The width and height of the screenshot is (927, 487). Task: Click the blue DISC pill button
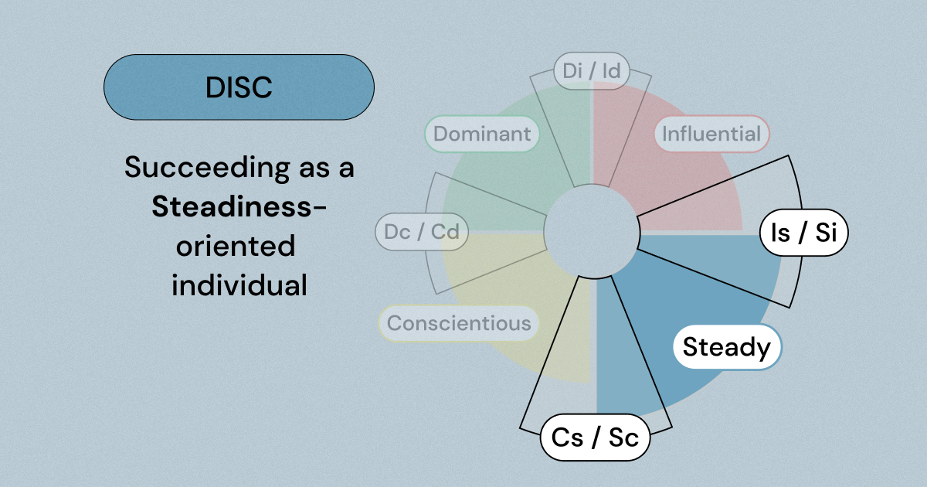tap(239, 87)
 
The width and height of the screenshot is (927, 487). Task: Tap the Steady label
tap(727, 347)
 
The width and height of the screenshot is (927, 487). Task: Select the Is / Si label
tap(803, 232)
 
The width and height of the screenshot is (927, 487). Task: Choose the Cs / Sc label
tap(595, 438)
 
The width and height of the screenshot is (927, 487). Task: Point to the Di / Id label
tap(592, 72)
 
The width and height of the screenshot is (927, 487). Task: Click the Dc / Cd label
tap(421, 232)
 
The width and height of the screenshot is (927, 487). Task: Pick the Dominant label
tap(482, 134)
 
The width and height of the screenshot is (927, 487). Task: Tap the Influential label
tap(711, 135)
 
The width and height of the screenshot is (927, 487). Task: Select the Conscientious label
tap(459, 323)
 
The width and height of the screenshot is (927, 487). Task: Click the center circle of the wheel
tap(591, 232)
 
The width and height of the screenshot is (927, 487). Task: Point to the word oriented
tap(235, 246)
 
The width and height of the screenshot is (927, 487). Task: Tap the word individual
tap(239, 285)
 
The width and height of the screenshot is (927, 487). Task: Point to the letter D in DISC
tap(213, 87)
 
